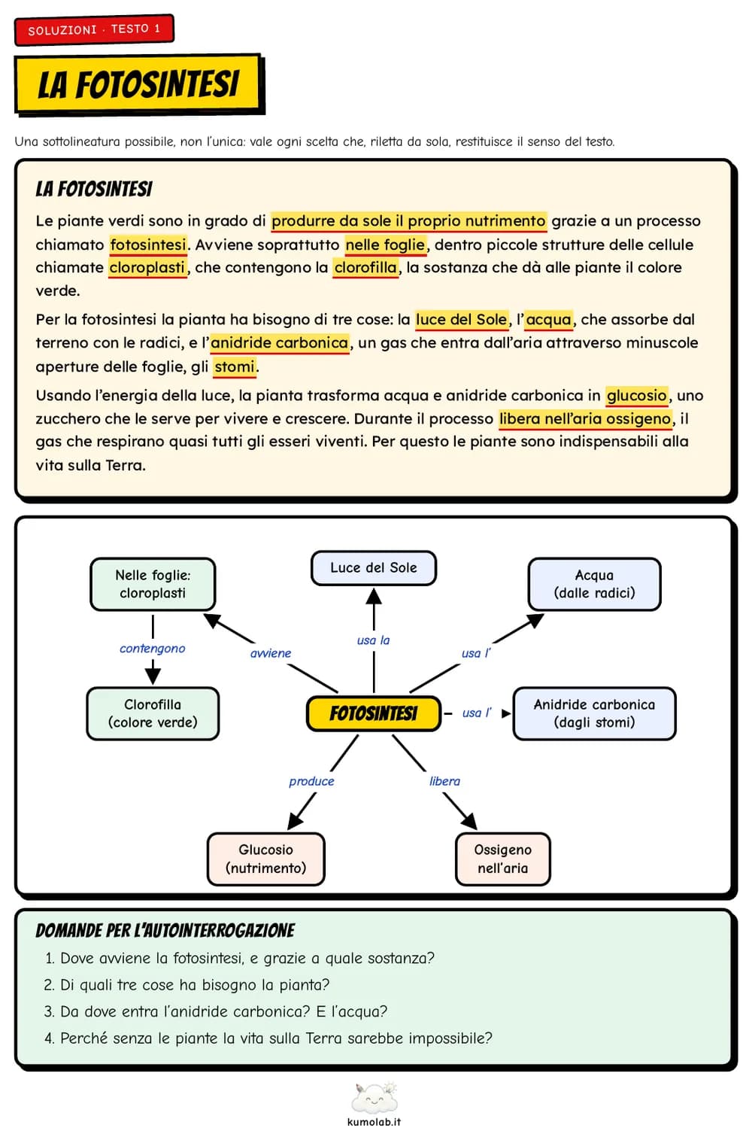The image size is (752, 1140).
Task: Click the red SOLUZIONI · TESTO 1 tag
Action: coord(94,29)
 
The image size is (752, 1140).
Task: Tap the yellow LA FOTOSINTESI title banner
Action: coord(138,84)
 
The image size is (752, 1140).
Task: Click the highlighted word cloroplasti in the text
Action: coord(147,268)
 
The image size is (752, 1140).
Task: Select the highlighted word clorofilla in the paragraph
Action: coord(365,268)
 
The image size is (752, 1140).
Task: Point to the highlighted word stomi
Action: coord(235,366)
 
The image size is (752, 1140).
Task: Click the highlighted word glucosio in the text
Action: coord(636,396)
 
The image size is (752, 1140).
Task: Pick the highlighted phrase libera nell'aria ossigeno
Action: coord(585,419)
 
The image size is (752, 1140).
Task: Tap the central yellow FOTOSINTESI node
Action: coord(373,713)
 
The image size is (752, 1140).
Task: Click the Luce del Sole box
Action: coord(373,568)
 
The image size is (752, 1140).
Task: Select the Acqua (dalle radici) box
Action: coord(594,584)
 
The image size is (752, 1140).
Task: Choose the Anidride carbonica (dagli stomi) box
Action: coord(594,713)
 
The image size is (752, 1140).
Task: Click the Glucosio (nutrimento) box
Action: coord(265,859)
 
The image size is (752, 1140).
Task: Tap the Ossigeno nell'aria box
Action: coord(502,859)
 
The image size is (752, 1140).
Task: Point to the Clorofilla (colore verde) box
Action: coord(153,713)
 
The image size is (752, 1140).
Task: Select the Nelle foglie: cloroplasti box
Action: coord(153,584)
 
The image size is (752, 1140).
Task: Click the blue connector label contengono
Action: coord(152,649)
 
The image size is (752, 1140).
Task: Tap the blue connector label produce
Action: coord(311,781)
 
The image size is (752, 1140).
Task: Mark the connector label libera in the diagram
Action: coord(444,781)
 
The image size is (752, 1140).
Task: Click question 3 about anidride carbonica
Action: coord(216,1011)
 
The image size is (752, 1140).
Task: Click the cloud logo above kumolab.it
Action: coord(374,1099)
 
